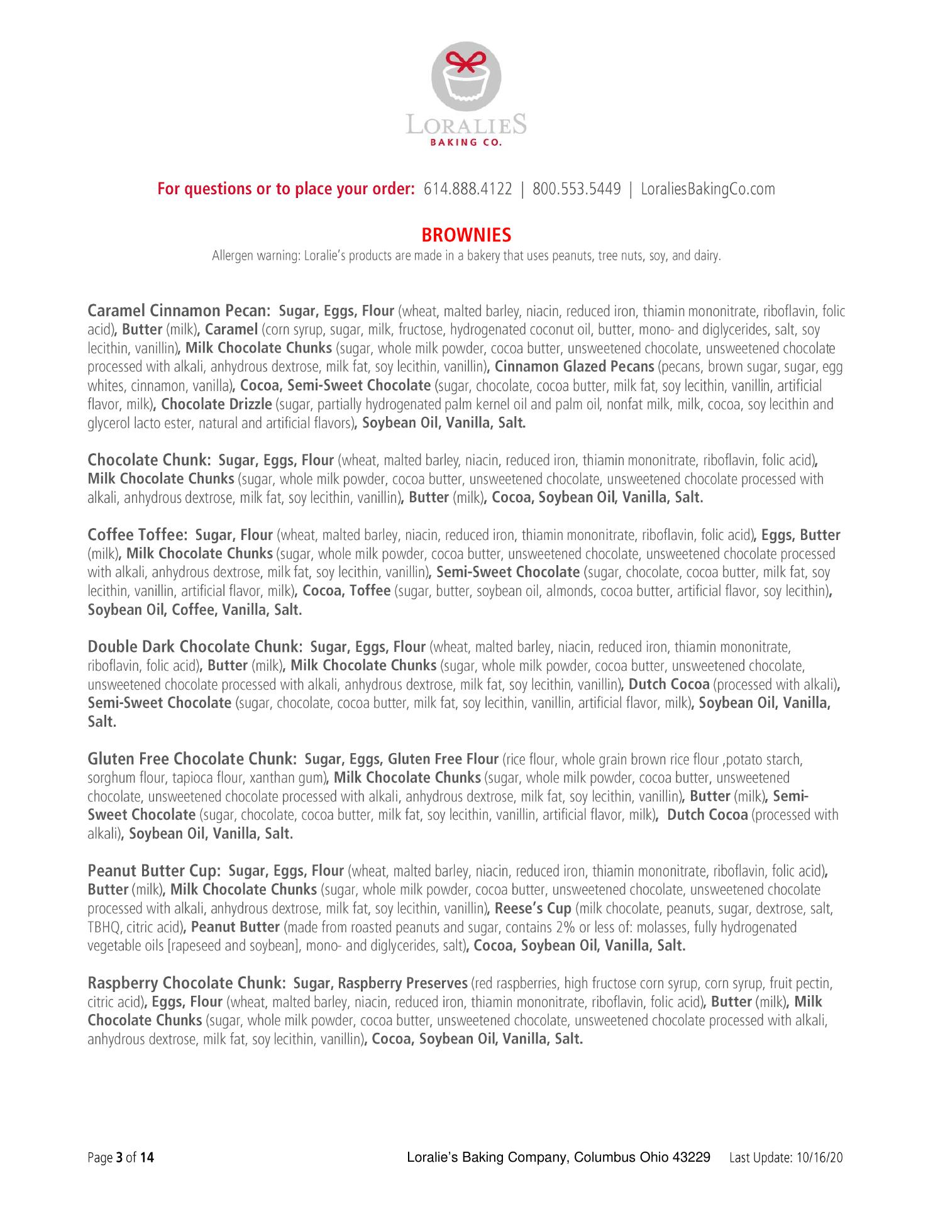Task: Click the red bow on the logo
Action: [x=466, y=62]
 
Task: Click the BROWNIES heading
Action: [x=466, y=235]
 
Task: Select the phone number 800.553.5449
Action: [x=577, y=189]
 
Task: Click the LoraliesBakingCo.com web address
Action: [x=707, y=189]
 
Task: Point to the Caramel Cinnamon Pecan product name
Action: [x=179, y=311]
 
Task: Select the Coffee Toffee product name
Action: [x=138, y=535]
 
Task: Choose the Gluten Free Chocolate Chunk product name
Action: [x=192, y=759]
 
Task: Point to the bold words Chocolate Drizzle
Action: [x=216, y=404]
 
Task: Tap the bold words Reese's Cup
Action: [x=533, y=908]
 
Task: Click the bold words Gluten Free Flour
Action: [x=444, y=759]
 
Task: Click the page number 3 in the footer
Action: [x=119, y=1157]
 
